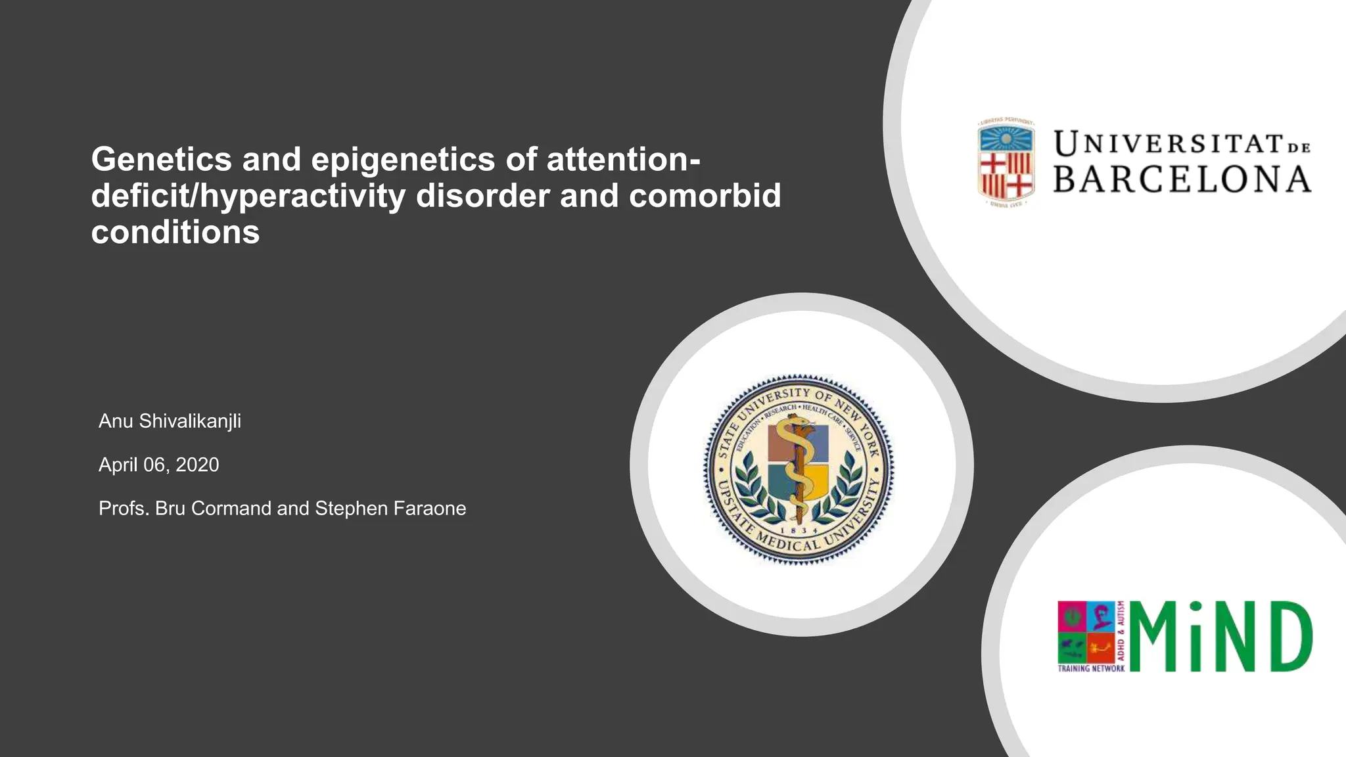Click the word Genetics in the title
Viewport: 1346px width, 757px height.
[x=161, y=160]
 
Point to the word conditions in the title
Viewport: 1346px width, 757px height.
[x=175, y=232]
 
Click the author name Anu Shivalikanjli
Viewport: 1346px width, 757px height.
[x=170, y=421]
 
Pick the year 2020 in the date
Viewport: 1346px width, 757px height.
[x=197, y=465]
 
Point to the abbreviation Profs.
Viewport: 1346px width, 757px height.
[x=124, y=508]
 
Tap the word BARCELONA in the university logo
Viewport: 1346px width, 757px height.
[x=1182, y=180]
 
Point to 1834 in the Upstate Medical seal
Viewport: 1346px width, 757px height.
[x=799, y=530]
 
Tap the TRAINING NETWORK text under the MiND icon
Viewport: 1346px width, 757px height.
[x=1091, y=668]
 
